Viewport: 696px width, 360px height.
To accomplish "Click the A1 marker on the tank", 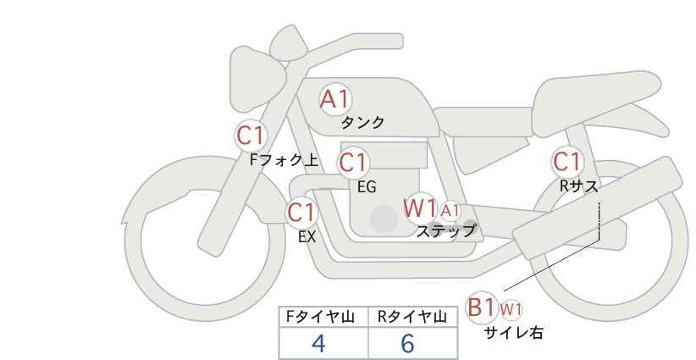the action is tap(334, 99).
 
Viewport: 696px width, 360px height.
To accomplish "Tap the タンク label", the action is tap(362, 122).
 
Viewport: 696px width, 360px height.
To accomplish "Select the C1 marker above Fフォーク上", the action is tap(251, 136).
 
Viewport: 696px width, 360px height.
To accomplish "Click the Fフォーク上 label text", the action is tap(284, 160).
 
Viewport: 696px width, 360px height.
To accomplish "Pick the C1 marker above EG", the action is tap(353, 163).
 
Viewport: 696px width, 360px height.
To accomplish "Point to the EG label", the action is tap(367, 187).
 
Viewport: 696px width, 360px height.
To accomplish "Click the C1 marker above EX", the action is tap(301, 213).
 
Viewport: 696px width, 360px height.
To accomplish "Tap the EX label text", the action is tap(307, 237).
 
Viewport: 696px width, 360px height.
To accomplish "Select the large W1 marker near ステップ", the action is tap(420, 208).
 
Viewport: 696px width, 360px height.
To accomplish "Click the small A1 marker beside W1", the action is tap(450, 210).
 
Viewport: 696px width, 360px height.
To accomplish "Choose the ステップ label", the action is tap(445, 231).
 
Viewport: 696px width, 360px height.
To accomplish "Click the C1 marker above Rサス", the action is tap(566, 162).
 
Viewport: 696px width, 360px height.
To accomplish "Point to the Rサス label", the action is tap(578, 187).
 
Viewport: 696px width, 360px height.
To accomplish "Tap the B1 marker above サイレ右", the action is tap(482, 307).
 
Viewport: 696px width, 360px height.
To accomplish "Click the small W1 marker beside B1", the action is tap(511, 309).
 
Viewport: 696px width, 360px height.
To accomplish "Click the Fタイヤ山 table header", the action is tap(320, 317).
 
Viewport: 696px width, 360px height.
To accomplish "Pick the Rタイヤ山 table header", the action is tap(412, 317).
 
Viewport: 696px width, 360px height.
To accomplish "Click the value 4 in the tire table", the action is tap(318, 343).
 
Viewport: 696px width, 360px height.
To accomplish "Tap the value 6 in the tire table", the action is tap(407, 343).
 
